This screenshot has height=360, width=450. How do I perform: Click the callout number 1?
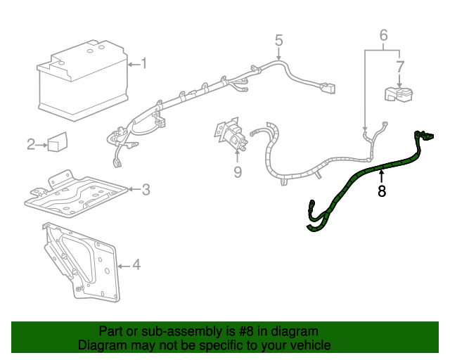[143, 64]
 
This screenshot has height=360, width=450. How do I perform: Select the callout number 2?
[31, 145]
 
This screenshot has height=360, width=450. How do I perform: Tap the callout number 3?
[146, 188]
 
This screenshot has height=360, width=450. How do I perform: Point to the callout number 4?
[136, 265]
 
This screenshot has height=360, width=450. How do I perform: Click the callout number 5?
[278, 40]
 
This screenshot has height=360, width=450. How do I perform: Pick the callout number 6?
[383, 34]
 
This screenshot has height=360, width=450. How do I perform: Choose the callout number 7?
[399, 67]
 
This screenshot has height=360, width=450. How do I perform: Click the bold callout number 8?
[382, 191]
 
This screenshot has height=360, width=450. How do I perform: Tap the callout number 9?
[238, 172]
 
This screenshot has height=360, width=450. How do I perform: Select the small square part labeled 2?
[56, 142]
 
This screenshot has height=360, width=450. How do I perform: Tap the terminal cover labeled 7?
[397, 94]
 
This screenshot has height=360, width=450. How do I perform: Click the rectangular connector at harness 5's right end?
[326, 89]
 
